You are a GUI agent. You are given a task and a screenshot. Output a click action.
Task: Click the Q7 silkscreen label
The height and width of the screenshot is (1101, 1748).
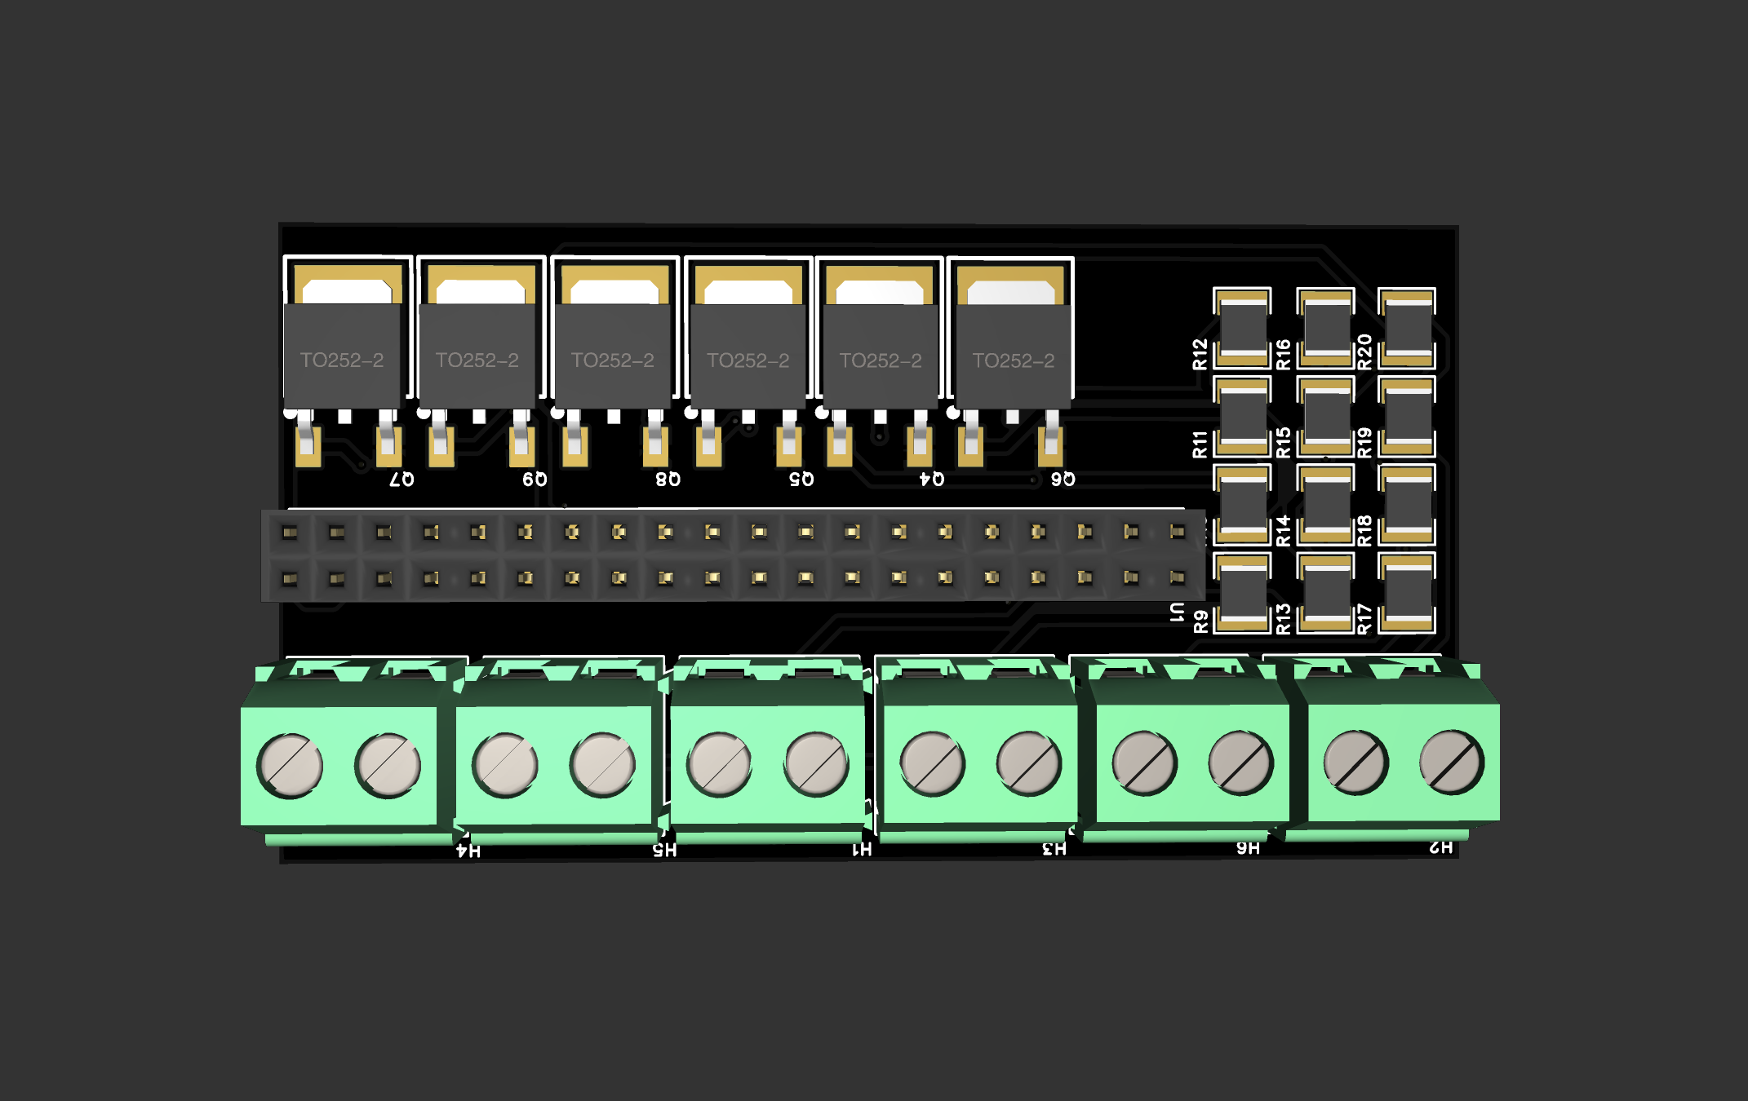point(402,479)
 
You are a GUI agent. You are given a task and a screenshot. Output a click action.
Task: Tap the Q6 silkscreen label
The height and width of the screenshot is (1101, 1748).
point(1063,479)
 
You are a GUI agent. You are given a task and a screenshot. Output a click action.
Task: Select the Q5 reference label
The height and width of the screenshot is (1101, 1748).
point(801,479)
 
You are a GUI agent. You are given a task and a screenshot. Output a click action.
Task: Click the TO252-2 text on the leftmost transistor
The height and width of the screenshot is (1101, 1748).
point(341,360)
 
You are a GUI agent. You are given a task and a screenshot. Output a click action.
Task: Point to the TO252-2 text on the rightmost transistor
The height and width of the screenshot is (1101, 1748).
point(1013,360)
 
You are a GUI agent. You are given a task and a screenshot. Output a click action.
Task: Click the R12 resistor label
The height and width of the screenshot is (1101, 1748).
point(1200,354)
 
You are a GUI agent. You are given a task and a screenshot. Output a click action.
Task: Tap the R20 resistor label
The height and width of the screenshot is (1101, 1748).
point(1364,352)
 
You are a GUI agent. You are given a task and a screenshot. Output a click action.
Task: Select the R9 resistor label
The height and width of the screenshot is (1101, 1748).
point(1200,621)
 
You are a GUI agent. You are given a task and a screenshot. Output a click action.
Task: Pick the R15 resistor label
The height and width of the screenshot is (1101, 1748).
point(1283,442)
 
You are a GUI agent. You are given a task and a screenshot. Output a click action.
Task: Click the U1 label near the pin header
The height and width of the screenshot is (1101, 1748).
point(1177,612)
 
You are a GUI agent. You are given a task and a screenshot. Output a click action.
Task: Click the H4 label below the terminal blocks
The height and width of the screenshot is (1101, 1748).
point(468,851)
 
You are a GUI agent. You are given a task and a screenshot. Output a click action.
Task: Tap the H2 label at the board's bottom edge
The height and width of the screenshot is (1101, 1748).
point(1441,847)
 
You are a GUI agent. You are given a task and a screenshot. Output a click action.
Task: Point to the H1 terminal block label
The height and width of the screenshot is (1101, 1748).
point(862,850)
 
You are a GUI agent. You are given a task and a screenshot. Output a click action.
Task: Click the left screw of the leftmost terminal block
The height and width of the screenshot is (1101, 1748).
point(290,766)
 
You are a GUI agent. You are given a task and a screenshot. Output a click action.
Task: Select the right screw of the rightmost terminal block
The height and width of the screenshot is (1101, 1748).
point(1452,763)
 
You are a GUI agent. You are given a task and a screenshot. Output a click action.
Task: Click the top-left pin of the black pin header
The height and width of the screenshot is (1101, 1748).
point(290,533)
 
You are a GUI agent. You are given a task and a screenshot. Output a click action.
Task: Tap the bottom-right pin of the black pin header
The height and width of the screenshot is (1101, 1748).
point(1177,577)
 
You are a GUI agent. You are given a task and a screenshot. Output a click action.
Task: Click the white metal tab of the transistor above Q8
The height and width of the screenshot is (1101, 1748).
point(614,292)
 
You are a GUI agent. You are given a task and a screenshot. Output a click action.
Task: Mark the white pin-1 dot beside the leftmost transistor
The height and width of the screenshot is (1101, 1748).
point(290,413)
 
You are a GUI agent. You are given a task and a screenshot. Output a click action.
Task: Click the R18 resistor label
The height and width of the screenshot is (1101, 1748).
point(1364,531)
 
